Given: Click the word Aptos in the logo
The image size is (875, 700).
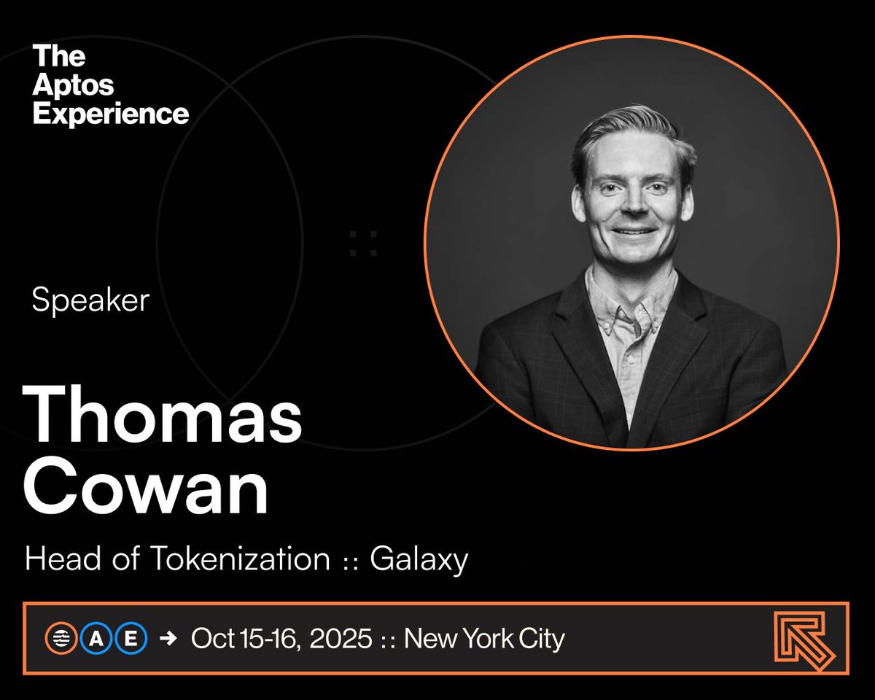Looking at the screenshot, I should click(x=73, y=85).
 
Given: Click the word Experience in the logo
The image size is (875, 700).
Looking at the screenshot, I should click(x=111, y=113).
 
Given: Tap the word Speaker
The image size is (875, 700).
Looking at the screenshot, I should click(x=90, y=300).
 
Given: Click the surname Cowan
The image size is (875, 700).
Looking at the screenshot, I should click(x=146, y=489).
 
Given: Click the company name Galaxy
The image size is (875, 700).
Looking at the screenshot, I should click(x=419, y=560).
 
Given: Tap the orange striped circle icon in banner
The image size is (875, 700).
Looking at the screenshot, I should click(x=57, y=639).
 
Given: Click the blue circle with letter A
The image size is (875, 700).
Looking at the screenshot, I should click(x=95, y=639).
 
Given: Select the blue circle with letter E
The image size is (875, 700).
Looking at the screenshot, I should click(x=131, y=639).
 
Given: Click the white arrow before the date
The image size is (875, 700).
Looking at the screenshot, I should click(x=168, y=639).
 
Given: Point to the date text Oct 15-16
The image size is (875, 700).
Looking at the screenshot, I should click(x=244, y=639).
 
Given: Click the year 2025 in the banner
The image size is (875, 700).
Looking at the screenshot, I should click(x=341, y=639).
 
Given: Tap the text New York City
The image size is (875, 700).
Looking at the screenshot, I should click(x=484, y=639).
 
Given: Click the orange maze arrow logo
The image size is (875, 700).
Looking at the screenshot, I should click(x=804, y=639).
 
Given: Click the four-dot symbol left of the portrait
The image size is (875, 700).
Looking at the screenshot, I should click(x=363, y=243).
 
